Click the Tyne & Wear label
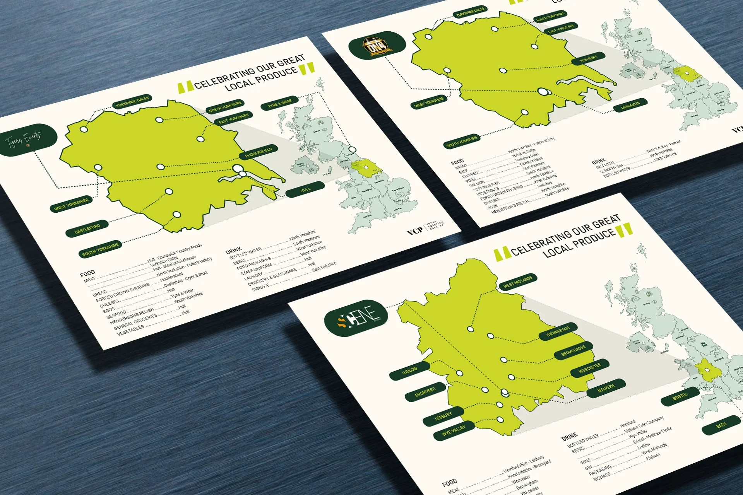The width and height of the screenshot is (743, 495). (x=279, y=103)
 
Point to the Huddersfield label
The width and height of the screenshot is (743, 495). (x=259, y=152)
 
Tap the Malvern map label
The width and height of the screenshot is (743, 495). (x=606, y=388)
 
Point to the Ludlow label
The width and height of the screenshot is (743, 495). (x=409, y=370)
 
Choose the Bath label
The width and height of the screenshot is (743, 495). (x=721, y=425)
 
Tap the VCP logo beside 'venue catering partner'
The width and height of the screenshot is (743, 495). (x=415, y=231)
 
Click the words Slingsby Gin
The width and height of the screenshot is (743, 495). (x=611, y=169)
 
